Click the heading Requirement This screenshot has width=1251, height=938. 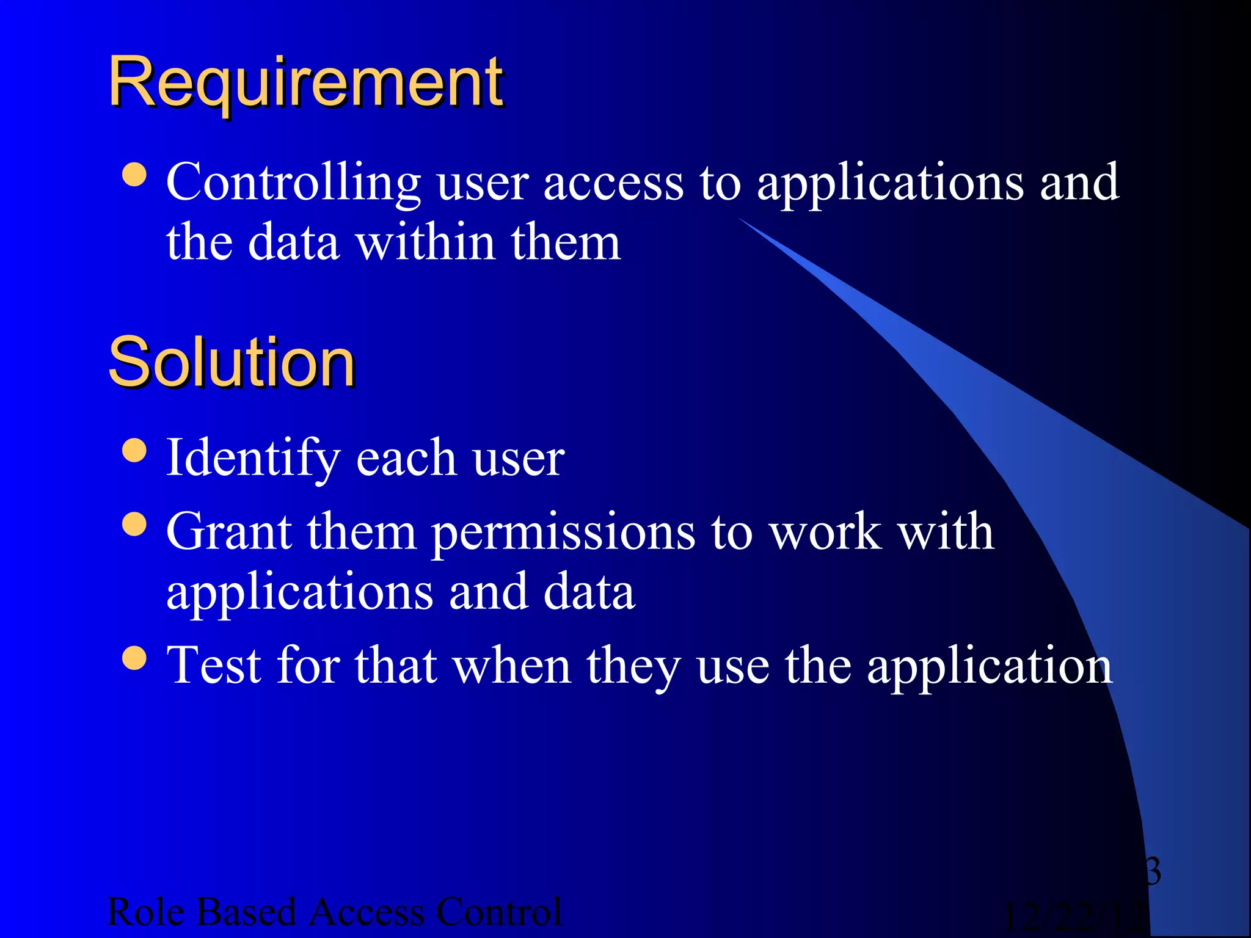coord(305,82)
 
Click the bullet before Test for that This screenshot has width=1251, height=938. coord(134,658)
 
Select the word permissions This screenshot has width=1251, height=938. coord(563,533)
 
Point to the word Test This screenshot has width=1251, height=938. coord(214,666)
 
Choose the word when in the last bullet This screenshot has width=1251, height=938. coord(512,666)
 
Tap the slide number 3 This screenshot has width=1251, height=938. coord(1152,871)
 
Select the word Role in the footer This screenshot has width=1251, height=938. coord(145,912)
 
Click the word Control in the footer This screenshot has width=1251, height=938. coord(498,912)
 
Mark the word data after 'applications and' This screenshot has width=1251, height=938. coord(589,592)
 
